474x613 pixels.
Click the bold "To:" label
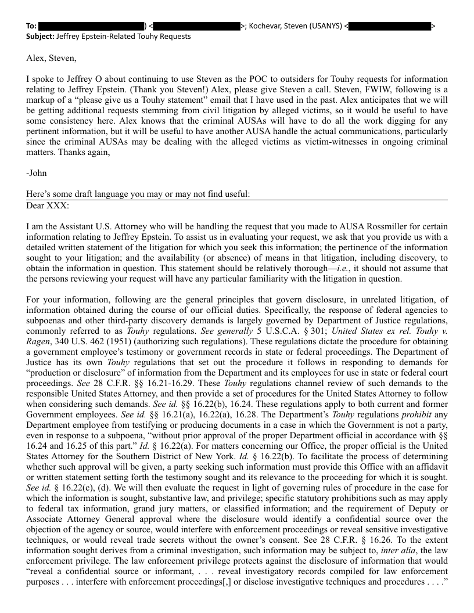pos(31,26)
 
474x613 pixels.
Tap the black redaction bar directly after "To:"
pos(92,26)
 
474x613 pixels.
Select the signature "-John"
pos(37,173)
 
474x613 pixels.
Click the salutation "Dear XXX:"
pos(47,205)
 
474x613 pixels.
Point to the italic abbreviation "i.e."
pos(360,268)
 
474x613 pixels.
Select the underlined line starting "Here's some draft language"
pos(138,194)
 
